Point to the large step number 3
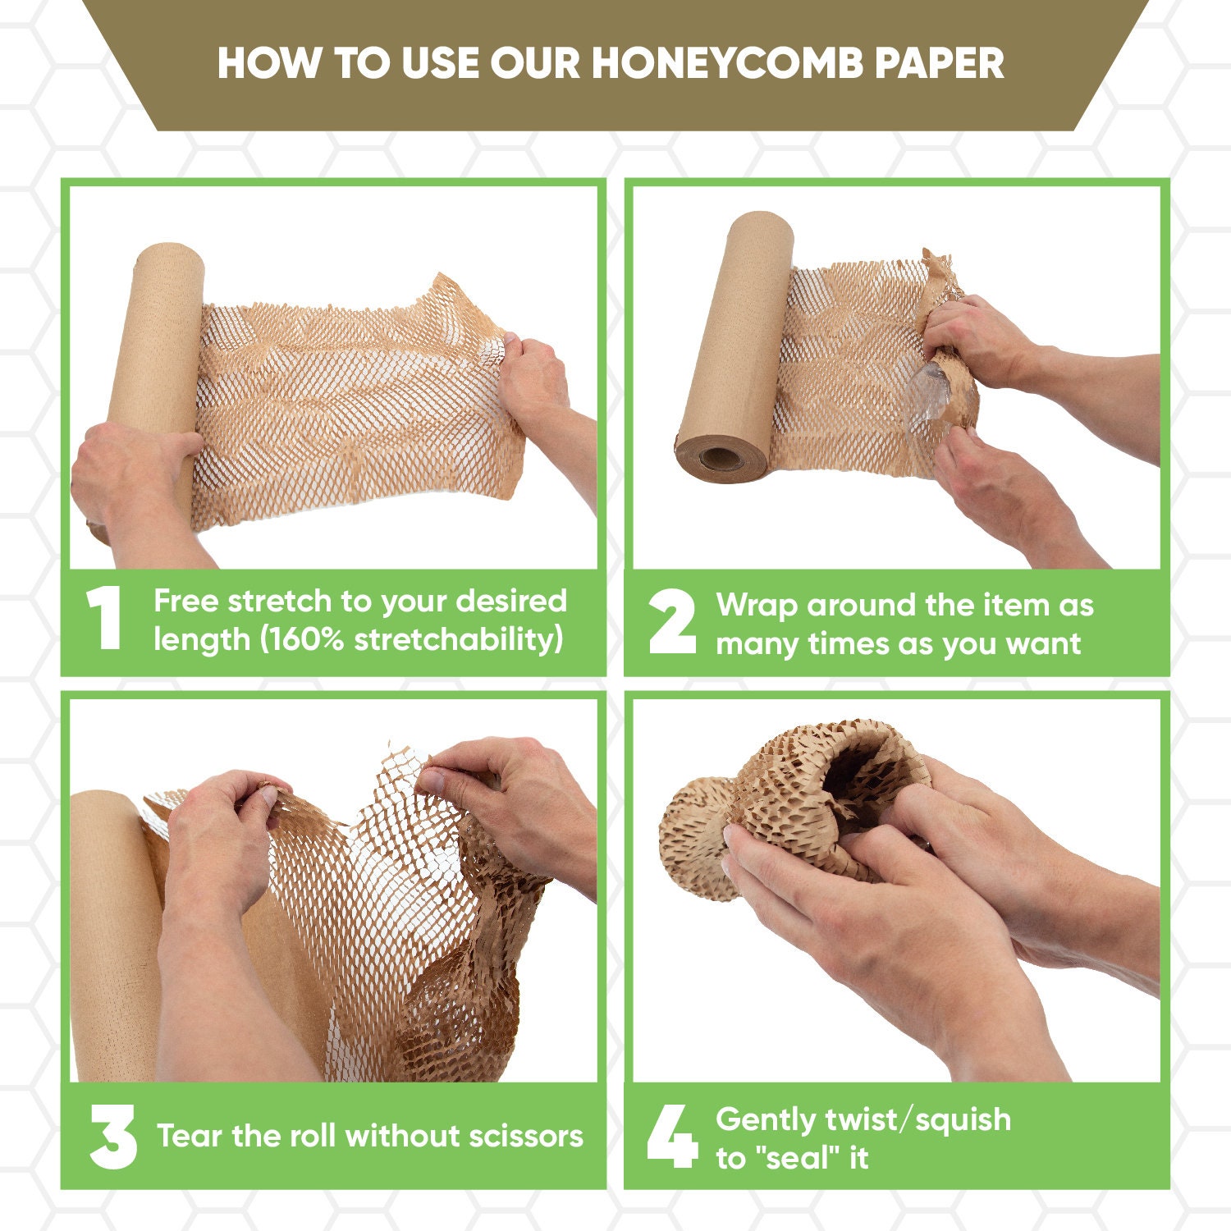point(113,1137)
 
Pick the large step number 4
point(672,1137)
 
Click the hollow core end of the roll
point(721,457)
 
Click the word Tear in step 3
point(190,1136)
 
